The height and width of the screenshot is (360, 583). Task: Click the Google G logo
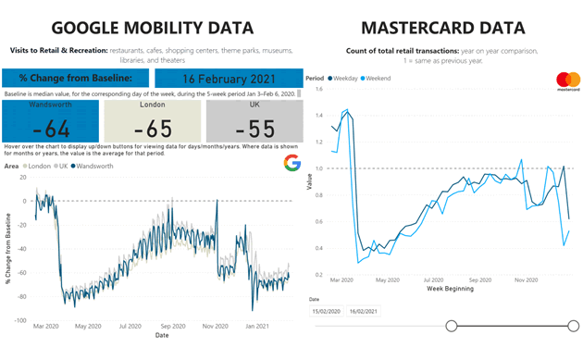pyautogui.click(x=291, y=164)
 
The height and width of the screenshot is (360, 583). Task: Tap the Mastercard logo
pyautogui.click(x=567, y=81)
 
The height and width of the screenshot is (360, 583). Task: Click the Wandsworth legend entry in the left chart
pyautogui.click(x=93, y=166)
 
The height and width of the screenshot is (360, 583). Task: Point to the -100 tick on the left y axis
pyautogui.click(x=19, y=320)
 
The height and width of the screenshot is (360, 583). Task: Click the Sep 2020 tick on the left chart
pyautogui.click(x=172, y=327)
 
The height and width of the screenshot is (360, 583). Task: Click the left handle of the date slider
pyautogui.click(x=452, y=325)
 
